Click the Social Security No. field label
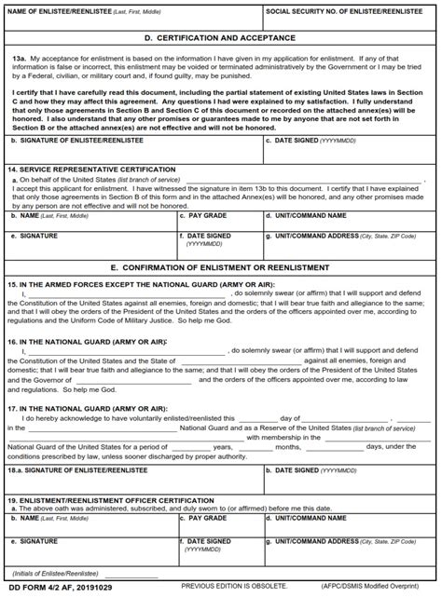[x=346, y=13]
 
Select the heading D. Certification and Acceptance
[x=221, y=38]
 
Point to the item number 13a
[x=19, y=58]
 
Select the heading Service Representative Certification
[x=103, y=170]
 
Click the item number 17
[x=11, y=408]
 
